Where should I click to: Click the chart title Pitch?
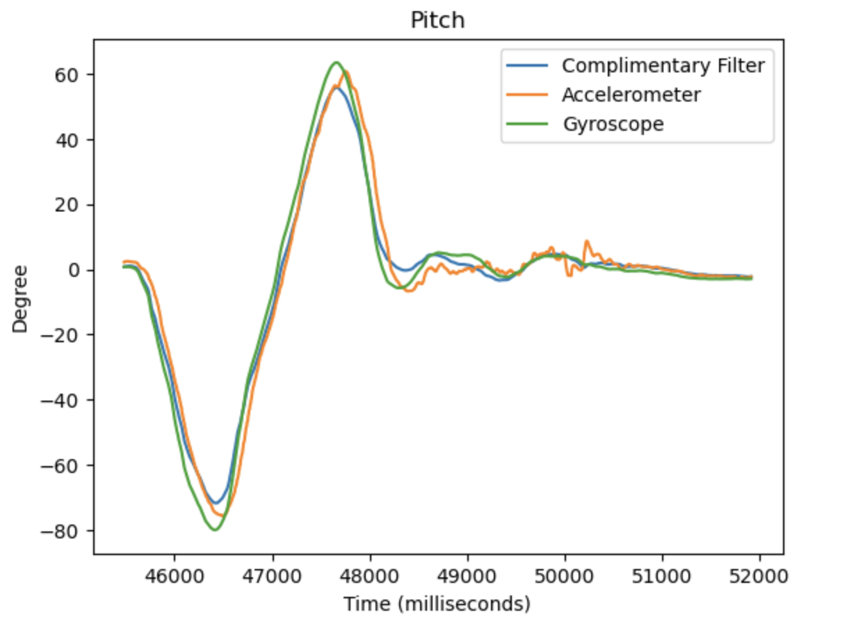click(x=437, y=20)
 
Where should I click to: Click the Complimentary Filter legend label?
click(x=663, y=65)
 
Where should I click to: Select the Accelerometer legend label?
click(x=631, y=95)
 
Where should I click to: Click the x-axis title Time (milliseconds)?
click(x=437, y=604)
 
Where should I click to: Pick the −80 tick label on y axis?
click(x=65, y=531)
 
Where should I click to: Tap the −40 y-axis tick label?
click(x=65, y=400)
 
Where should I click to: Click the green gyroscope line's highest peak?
click(x=336, y=63)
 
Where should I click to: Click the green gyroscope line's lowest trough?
click(x=215, y=530)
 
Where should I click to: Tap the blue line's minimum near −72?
click(x=216, y=502)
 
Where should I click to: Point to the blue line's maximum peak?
click(x=336, y=88)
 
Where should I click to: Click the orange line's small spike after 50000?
click(x=586, y=241)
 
